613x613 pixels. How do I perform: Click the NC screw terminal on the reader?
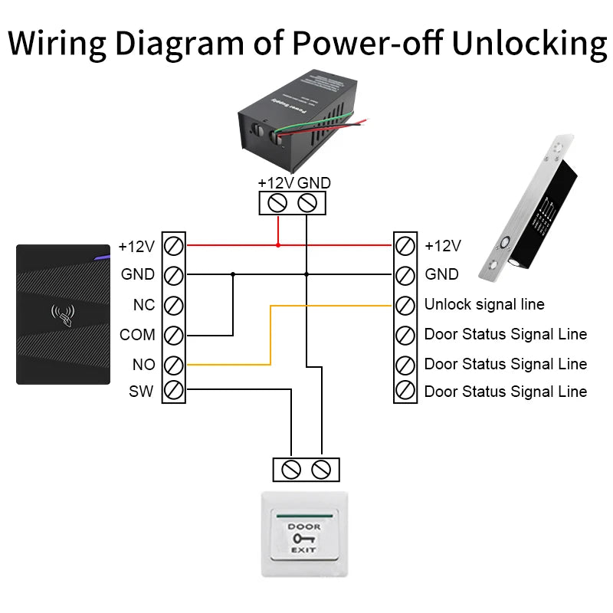coord(174,305)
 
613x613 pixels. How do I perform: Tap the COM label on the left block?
coord(137,335)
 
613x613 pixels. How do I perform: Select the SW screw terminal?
coord(174,392)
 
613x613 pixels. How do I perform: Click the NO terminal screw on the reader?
coord(174,364)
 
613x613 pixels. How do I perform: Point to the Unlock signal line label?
coord(484,305)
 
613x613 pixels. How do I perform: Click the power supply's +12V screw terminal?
coord(278,203)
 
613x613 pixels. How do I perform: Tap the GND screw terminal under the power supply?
coord(307,203)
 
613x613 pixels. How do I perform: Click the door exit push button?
coord(304,534)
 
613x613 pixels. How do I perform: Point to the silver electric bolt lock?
coord(529,207)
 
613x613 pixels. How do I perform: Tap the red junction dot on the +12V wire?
coord(278,245)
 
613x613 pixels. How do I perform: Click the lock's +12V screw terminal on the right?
coord(405,246)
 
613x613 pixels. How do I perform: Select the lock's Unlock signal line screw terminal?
coord(405,305)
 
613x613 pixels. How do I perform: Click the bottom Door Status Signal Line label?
coord(506,392)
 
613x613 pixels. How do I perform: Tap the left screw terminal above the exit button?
coord(291,470)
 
